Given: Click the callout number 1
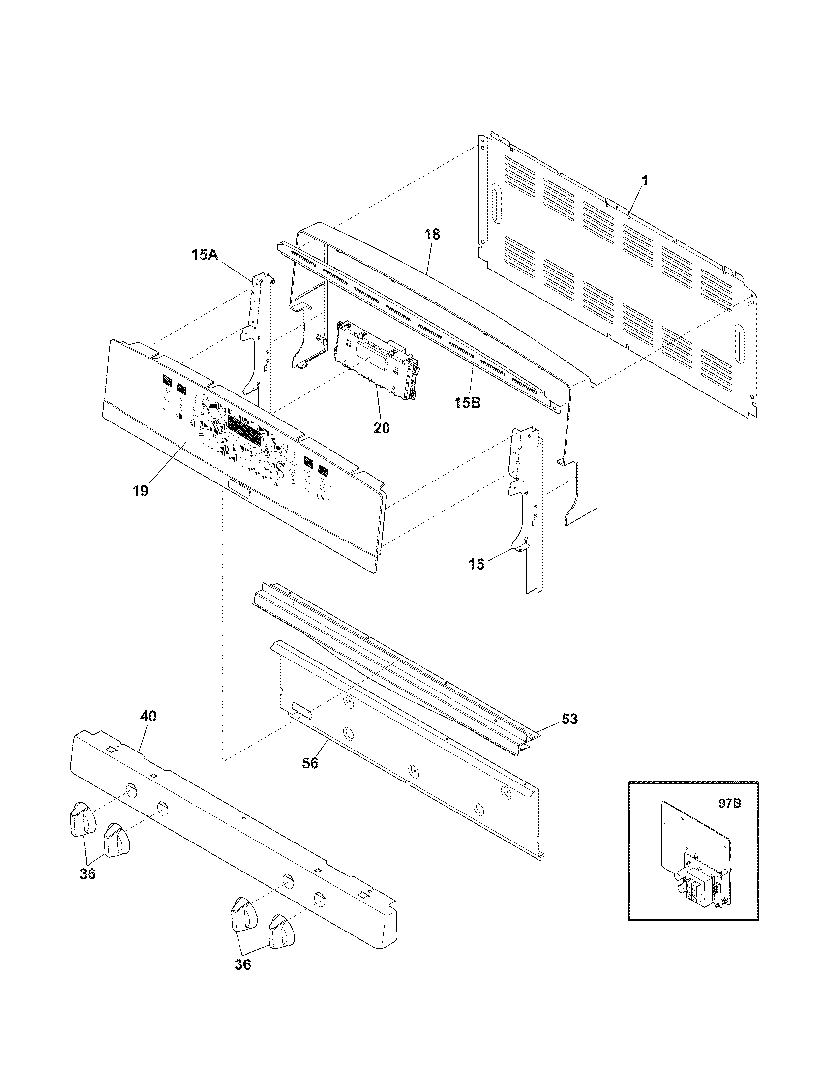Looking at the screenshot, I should [x=644, y=182].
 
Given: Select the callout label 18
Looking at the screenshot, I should [x=432, y=234].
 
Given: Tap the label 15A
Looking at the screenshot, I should [x=205, y=255].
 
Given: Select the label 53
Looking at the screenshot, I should [x=569, y=719].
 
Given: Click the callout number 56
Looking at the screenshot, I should [x=310, y=763].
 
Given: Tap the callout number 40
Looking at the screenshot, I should [x=149, y=716].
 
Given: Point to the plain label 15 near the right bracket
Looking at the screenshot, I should [x=476, y=564].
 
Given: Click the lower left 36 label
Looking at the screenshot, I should [x=88, y=874].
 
